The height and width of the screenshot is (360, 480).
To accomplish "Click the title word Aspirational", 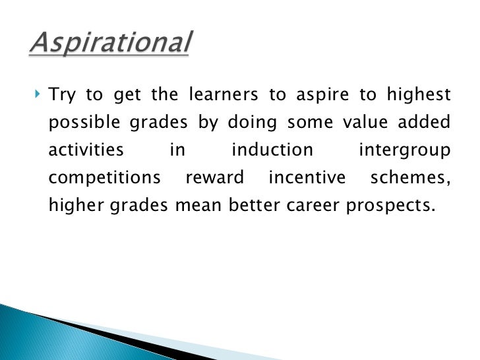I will pyautogui.click(x=111, y=45).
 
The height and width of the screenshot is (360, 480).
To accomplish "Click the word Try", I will pyautogui.click(x=63, y=96).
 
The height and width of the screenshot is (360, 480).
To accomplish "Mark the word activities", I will pyautogui.click(x=86, y=150).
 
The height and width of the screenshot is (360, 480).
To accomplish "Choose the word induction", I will pyautogui.click(x=272, y=150).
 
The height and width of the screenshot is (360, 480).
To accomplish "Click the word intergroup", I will pyautogui.click(x=404, y=151).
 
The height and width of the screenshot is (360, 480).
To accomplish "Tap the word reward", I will pyautogui.click(x=215, y=178).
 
